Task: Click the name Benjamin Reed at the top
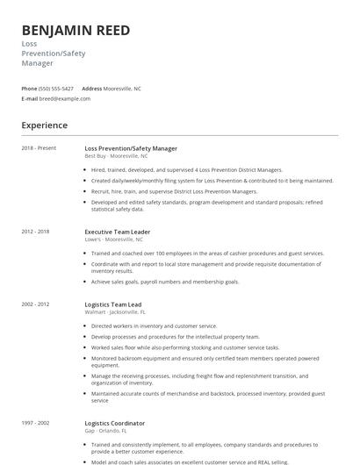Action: [76, 31]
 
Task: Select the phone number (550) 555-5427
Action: [56, 89]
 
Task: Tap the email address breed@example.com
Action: [65, 98]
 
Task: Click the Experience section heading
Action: [45, 125]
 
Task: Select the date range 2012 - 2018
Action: [36, 232]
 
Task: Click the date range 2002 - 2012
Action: [36, 304]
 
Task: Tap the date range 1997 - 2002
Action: [36, 423]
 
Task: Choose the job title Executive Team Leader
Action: [118, 232]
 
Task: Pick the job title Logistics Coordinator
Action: [115, 423]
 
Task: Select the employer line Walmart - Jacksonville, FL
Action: [115, 311]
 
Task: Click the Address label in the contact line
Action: [92, 89]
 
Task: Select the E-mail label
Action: [30, 98]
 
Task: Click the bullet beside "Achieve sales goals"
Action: [85, 282]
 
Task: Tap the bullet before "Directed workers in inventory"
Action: [85, 325]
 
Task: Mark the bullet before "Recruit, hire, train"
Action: [85, 190]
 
